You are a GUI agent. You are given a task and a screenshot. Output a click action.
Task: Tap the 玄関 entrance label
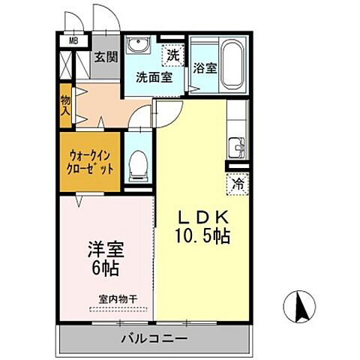106,58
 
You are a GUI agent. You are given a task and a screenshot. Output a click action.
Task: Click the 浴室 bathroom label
205,67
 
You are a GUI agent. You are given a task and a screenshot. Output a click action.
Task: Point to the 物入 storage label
65,105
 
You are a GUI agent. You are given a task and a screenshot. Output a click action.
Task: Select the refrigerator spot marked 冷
236,182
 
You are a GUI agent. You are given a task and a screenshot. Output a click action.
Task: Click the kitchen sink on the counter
237,146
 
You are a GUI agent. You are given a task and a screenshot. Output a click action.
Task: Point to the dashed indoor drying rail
121,308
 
